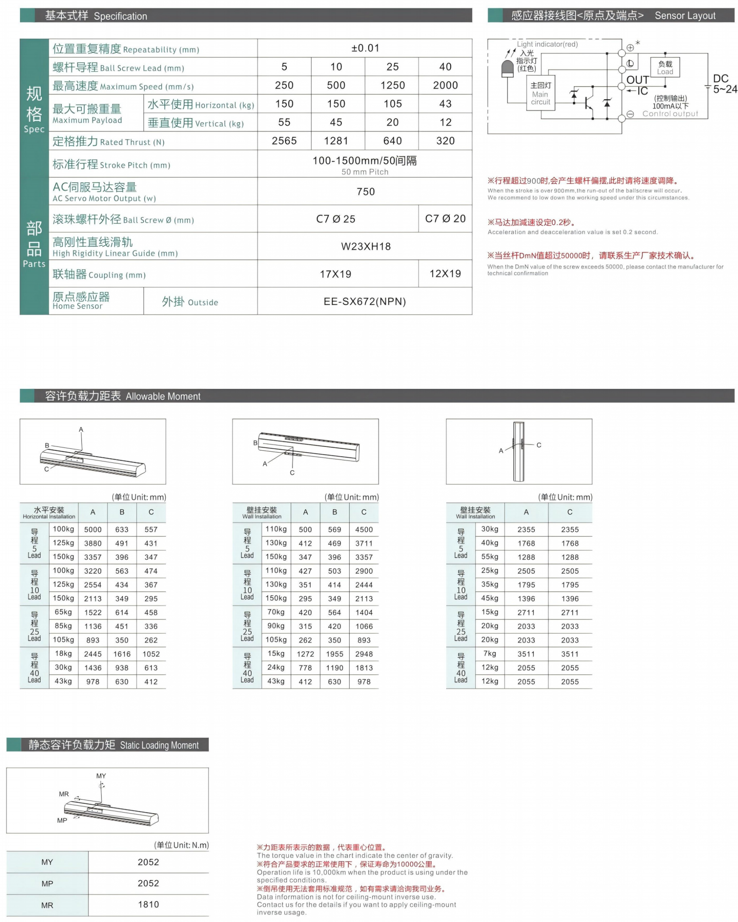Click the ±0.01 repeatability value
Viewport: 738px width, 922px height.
pyautogui.click(x=365, y=48)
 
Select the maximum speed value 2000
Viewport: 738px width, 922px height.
pyautogui.click(x=445, y=85)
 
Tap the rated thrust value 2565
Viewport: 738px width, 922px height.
pyautogui.click(x=284, y=141)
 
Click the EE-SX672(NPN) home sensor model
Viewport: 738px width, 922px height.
pyautogui.click(x=365, y=301)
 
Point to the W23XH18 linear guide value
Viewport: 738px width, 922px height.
pyautogui.click(x=365, y=246)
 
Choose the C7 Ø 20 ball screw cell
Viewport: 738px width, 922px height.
pyautogui.click(x=445, y=218)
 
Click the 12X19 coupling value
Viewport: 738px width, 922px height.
pyautogui.click(x=445, y=274)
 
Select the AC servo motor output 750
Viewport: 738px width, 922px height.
pyautogui.click(x=365, y=191)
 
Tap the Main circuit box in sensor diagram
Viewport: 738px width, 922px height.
pyautogui.click(x=540, y=94)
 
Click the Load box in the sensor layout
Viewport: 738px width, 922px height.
pyautogui.click(x=665, y=68)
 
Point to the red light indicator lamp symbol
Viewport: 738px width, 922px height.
pyautogui.click(x=507, y=68)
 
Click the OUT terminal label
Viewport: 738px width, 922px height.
pyautogui.click(x=637, y=80)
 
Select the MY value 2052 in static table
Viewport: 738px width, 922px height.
pyautogui.click(x=148, y=862)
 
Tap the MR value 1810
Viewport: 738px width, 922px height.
pyautogui.click(x=148, y=904)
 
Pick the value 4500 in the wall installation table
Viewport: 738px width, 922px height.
pyautogui.click(x=364, y=529)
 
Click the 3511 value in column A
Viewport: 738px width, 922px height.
pyautogui.click(x=526, y=654)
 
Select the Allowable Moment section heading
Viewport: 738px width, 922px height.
pyautogui.click(x=123, y=396)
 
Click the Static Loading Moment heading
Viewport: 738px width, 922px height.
pyautogui.click(x=113, y=745)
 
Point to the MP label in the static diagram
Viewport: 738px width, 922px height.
pyautogui.click(x=62, y=820)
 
